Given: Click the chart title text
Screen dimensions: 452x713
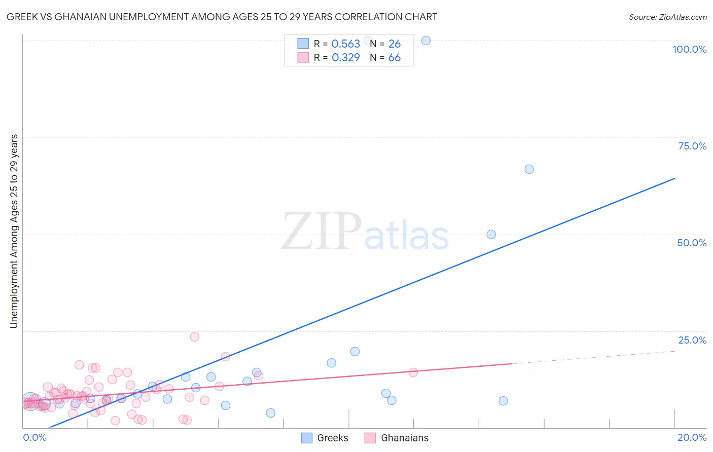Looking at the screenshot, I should click(x=222, y=17).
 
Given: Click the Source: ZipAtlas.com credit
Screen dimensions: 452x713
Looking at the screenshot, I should click(x=667, y=17).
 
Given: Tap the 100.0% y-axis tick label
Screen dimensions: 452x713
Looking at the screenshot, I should click(x=689, y=49).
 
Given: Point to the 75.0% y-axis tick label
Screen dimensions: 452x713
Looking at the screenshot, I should click(x=692, y=146).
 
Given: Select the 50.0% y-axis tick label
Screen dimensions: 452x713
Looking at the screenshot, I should click(x=692, y=243).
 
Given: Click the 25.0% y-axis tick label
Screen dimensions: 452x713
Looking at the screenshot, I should click(x=692, y=340).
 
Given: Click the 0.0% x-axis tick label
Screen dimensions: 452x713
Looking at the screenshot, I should click(x=34, y=437).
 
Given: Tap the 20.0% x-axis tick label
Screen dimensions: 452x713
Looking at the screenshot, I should click(x=692, y=437).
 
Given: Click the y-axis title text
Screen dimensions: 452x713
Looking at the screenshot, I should click(x=14, y=231).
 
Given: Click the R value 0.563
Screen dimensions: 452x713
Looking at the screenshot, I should click(x=345, y=44).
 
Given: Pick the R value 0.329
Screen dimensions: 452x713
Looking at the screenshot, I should click(x=345, y=58).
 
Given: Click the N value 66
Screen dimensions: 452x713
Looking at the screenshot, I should click(x=394, y=58).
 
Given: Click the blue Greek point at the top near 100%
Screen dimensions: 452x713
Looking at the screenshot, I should click(x=426, y=41).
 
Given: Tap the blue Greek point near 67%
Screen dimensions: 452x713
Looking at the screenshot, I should click(x=529, y=169).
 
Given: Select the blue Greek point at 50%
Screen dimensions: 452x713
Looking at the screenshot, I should click(x=491, y=234).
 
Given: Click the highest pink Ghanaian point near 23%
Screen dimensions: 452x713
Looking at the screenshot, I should click(x=194, y=337).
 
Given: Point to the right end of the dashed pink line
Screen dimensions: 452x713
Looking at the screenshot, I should click(x=675, y=351).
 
